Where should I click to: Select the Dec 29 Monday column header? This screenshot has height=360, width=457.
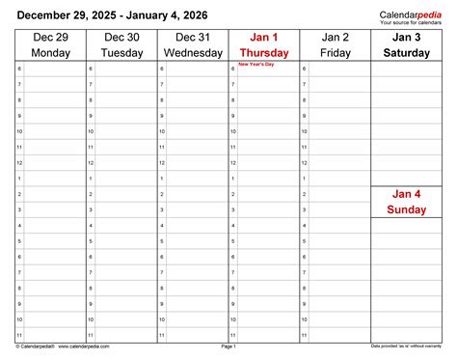pyautogui.click(x=50, y=44)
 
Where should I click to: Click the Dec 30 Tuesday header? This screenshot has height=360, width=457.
pyautogui.click(x=121, y=44)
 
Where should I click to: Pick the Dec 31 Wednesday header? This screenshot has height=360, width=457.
pyautogui.click(x=193, y=44)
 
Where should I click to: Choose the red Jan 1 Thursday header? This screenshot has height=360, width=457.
pyautogui.click(x=263, y=44)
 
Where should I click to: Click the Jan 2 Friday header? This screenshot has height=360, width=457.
pyautogui.click(x=335, y=44)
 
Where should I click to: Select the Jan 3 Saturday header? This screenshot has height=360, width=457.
pyautogui.click(x=406, y=44)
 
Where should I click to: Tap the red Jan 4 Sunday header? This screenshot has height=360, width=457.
pyautogui.click(x=406, y=202)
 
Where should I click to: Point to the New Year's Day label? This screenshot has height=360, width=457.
pyautogui.click(x=249, y=64)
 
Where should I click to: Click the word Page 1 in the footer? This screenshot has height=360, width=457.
pyautogui.click(x=228, y=346)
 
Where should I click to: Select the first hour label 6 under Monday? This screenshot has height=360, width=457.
pyautogui.click(x=19, y=69)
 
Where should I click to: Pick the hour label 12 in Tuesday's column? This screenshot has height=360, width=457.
pyautogui.click(x=91, y=162)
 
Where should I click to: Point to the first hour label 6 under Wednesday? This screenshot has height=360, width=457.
pyautogui.click(x=161, y=69)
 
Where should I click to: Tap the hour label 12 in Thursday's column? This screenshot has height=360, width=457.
pyautogui.click(x=233, y=162)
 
